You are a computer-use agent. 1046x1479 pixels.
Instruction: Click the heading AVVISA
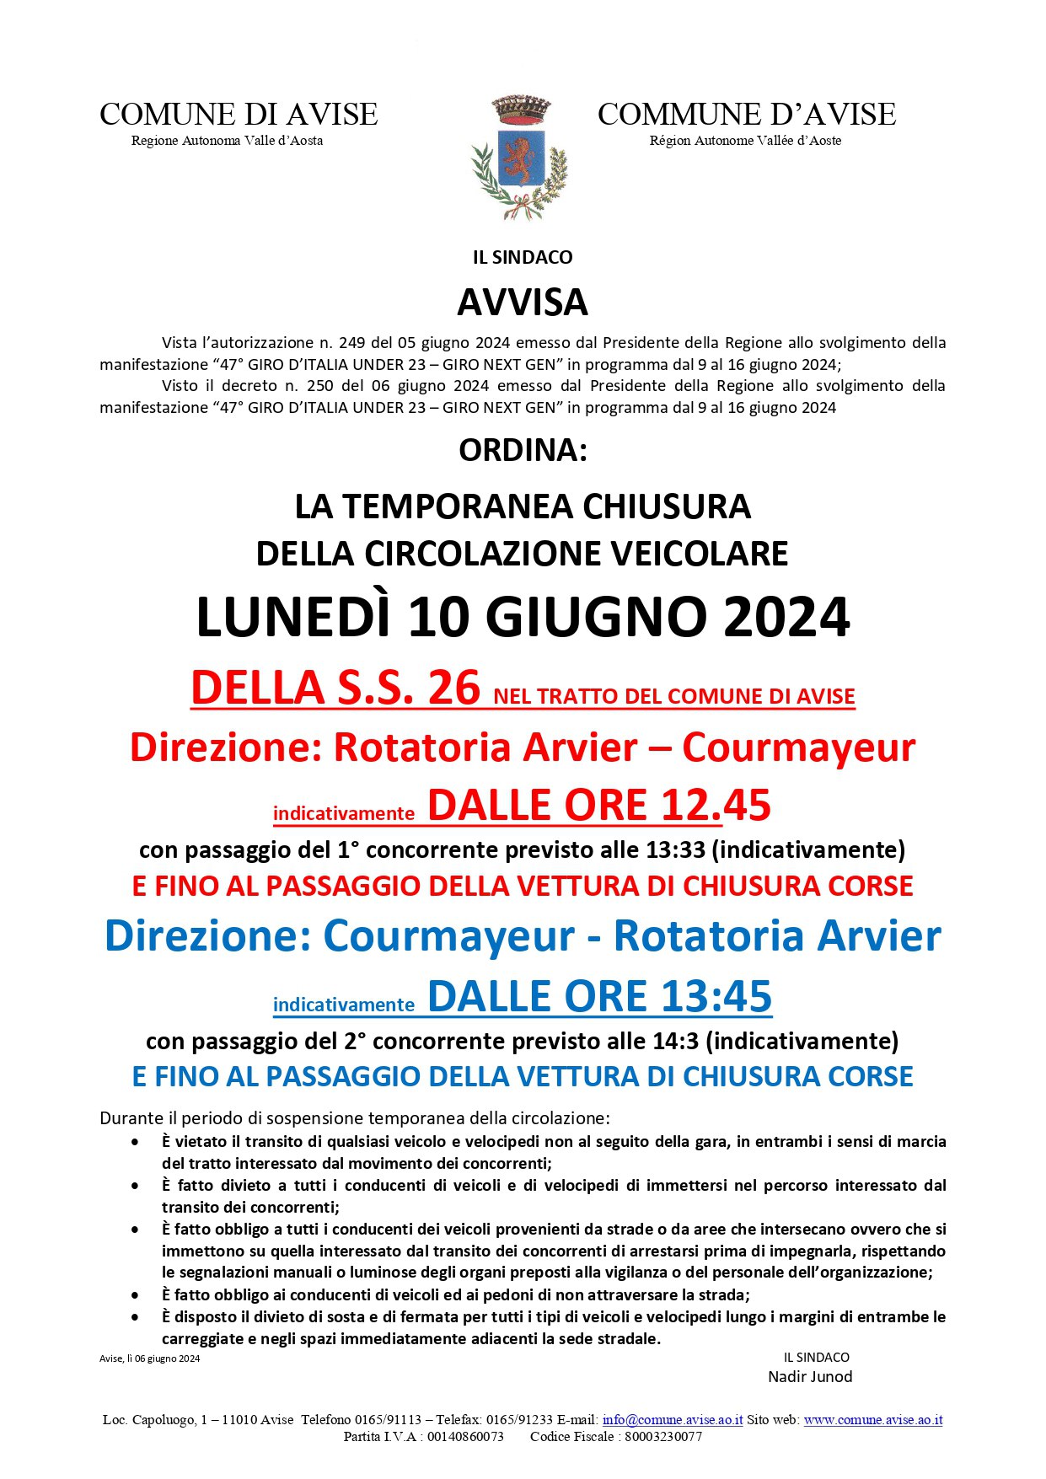click(523, 303)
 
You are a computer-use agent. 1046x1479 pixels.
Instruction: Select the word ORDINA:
click(523, 451)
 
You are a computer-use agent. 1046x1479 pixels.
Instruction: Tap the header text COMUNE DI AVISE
click(239, 115)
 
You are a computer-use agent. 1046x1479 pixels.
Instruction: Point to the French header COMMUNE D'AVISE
click(746, 115)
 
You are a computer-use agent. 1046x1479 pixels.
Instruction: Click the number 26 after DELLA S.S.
click(453, 688)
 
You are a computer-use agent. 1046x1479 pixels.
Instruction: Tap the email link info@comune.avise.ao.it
click(673, 1419)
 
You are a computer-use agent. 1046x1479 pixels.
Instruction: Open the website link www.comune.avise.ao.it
click(872, 1419)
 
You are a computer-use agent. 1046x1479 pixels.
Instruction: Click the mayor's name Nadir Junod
click(810, 1376)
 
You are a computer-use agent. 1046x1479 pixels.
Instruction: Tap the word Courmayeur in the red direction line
click(798, 748)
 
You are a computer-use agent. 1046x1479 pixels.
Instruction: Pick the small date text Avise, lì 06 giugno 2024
click(150, 1358)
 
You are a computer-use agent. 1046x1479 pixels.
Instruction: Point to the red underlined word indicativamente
click(344, 813)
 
